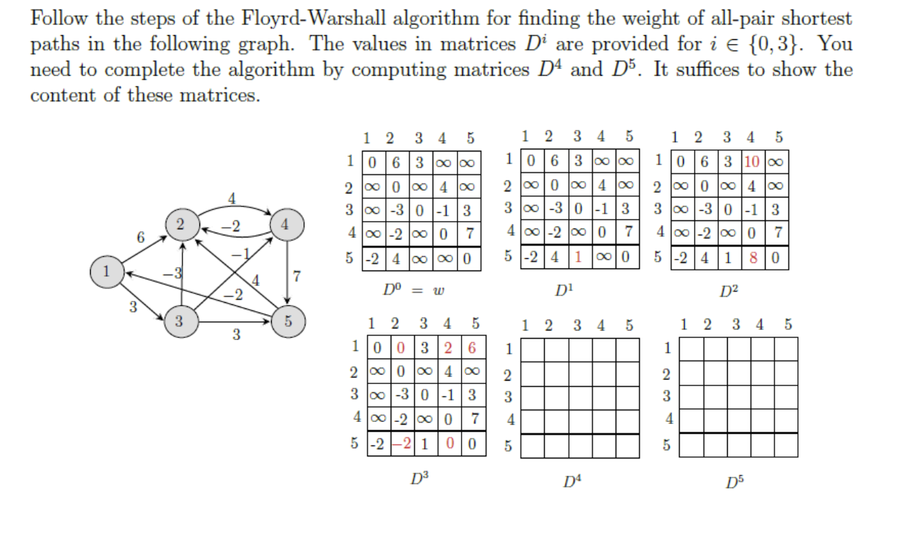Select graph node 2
pyautogui.click(x=180, y=224)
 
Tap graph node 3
pyautogui.click(x=180, y=320)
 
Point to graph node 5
pyautogui.click(x=288, y=320)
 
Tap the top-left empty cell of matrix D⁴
pyautogui.click(x=532, y=349)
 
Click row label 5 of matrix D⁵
pyautogui.click(x=666, y=445)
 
